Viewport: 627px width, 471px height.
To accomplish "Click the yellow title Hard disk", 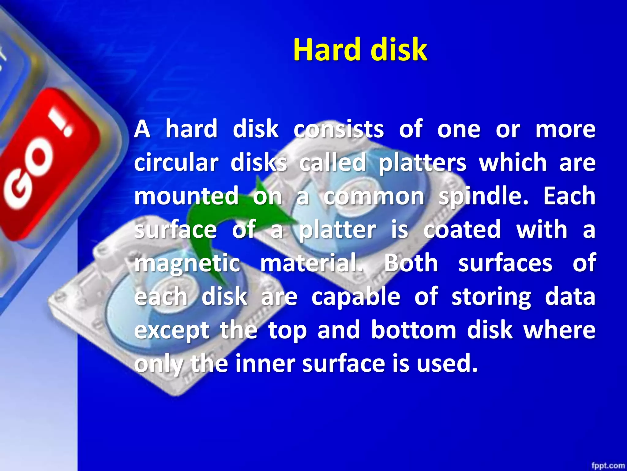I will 360,50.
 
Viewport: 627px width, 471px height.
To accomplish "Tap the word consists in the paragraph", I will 339,129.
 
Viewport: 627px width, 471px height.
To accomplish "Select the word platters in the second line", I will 422,163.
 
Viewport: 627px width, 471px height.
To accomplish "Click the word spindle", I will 484,197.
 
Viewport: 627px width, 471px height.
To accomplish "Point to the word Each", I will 569,196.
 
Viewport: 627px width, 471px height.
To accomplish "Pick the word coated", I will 462,230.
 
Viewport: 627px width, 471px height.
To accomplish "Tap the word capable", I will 356,297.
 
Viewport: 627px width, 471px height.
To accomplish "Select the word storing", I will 491,297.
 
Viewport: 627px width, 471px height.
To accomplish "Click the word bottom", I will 414,330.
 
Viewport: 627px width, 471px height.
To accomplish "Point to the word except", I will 172,331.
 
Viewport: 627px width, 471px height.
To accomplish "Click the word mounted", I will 186,196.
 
